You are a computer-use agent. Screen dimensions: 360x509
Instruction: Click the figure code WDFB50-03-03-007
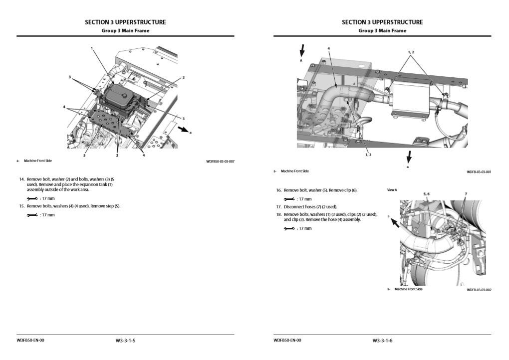(x=220, y=161)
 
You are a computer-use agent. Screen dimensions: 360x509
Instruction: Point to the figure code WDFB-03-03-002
(x=479, y=290)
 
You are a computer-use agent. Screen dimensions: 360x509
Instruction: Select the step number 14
(x=21, y=179)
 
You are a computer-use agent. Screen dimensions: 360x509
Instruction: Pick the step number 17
(x=279, y=206)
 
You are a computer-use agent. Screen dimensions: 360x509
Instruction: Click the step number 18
(x=279, y=214)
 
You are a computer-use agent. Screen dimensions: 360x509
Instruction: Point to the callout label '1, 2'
(x=410, y=52)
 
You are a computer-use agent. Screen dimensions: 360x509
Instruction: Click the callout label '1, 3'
(x=368, y=155)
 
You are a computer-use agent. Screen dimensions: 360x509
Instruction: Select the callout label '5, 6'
(x=426, y=193)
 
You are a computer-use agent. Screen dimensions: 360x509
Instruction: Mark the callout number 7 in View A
(x=466, y=193)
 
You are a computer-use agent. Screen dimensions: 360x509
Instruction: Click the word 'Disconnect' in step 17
(x=294, y=206)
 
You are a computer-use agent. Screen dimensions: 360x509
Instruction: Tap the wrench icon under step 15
(x=32, y=215)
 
